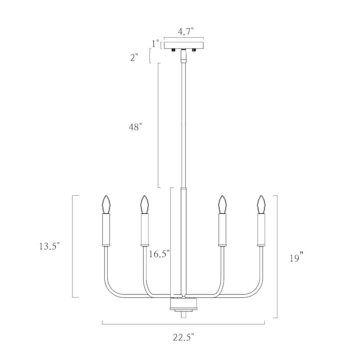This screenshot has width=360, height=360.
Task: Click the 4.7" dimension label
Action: [x=186, y=31]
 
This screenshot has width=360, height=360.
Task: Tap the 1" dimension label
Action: [x=156, y=44]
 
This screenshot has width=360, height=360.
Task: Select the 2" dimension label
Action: [x=134, y=57]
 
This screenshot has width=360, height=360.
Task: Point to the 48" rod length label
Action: [x=135, y=127]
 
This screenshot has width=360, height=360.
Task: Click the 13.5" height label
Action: [x=49, y=246]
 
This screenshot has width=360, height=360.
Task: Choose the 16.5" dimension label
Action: [x=159, y=254]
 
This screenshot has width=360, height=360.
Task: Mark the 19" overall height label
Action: [x=297, y=257]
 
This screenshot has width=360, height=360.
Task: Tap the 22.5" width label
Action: [x=184, y=337]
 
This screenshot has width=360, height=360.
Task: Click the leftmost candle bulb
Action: [x=106, y=204]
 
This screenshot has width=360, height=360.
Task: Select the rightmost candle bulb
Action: [x=261, y=204]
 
